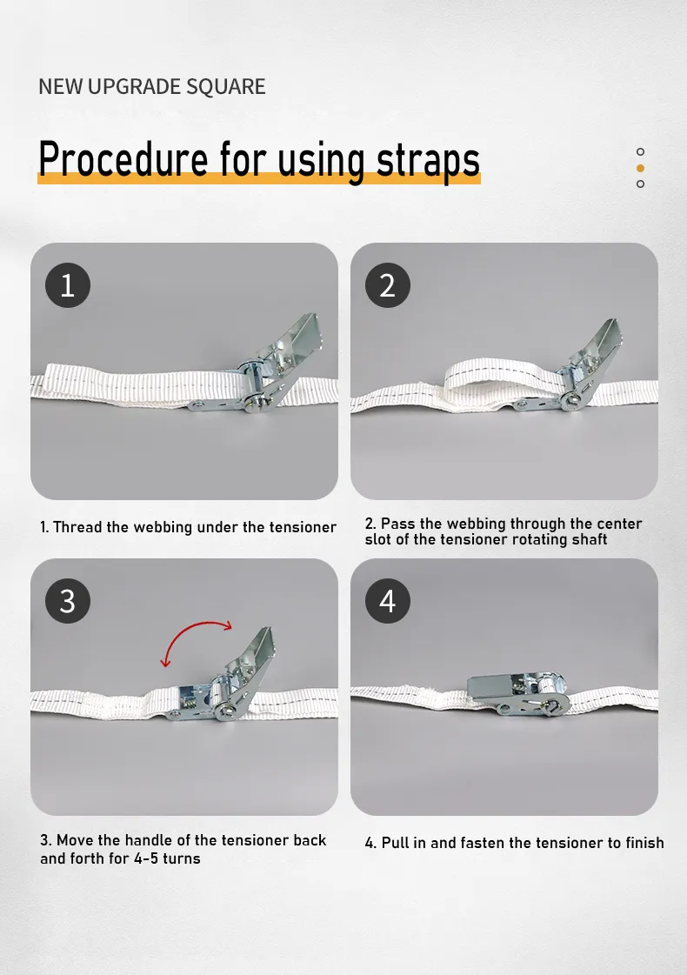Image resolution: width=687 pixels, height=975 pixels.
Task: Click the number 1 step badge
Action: pos(68,285)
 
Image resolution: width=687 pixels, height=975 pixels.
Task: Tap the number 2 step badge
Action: pos(387,285)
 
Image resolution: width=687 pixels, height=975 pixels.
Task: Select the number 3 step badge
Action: pos(68,601)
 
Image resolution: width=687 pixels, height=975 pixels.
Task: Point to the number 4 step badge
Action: pos(387,601)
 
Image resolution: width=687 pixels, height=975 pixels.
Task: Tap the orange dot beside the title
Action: pos(640,168)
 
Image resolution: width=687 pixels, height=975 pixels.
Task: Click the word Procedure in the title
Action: pos(123,159)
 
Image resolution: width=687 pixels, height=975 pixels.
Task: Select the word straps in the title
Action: pos(429,162)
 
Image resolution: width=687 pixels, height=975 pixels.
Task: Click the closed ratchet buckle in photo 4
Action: pos(518,693)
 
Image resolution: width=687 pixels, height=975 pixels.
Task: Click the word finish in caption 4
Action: pos(644,843)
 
